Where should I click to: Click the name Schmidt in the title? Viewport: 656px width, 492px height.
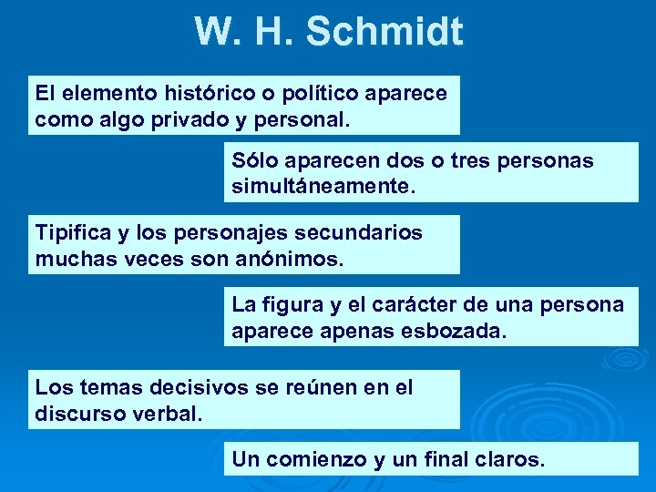point(384,32)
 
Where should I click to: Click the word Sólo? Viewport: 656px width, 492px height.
point(257,161)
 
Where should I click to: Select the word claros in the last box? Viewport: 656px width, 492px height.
point(510,459)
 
